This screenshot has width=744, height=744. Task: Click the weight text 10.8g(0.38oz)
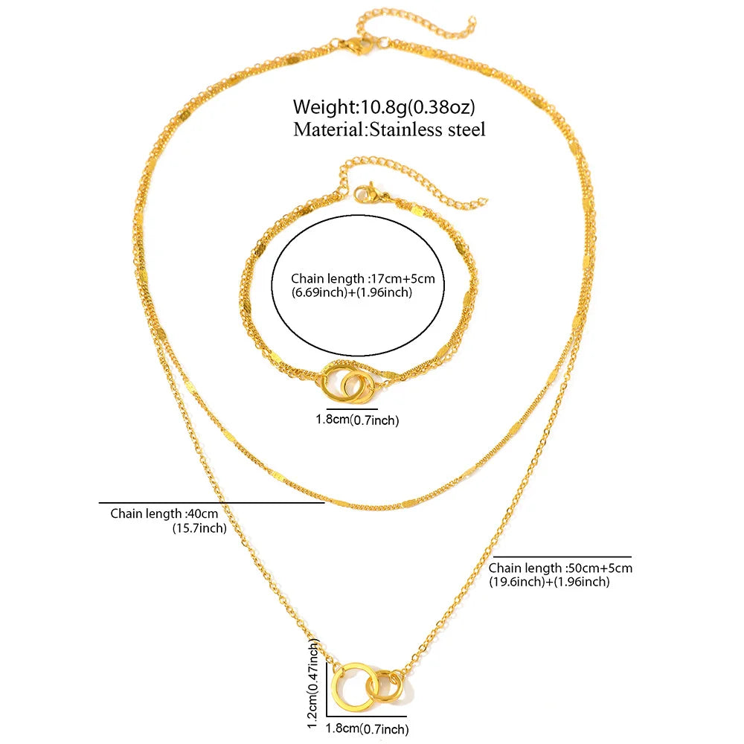tap(418, 107)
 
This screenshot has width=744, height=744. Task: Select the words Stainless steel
tap(428, 129)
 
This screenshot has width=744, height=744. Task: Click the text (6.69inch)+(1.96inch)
tap(352, 292)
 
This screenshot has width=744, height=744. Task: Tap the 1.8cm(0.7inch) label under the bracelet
tap(357, 420)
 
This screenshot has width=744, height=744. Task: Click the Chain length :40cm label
tap(164, 513)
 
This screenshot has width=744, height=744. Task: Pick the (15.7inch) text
tap(199, 528)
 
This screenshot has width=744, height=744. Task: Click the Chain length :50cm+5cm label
tap(560, 568)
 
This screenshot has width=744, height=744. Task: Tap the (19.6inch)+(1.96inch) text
tap(549, 582)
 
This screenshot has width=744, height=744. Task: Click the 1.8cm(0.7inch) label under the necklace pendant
tap(367, 729)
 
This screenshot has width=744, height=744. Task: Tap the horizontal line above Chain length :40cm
tap(211, 502)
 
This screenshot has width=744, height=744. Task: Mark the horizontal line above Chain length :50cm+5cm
tap(562, 557)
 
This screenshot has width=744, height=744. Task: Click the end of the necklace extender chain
tap(472, 20)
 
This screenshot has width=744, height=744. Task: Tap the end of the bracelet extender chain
tap(484, 201)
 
